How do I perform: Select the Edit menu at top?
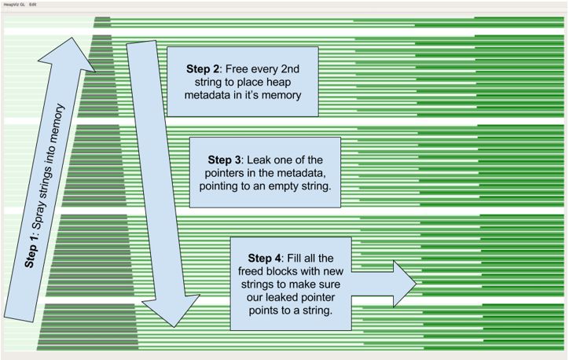coord(33,4)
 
